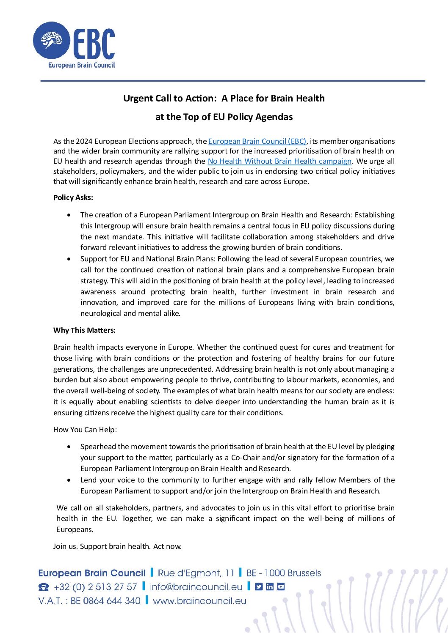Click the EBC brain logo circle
point(51,41)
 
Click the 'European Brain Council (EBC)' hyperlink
point(257,141)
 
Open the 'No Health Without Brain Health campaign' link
point(279,161)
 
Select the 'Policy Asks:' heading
point(73,197)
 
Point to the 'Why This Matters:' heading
point(84,330)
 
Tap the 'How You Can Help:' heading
point(85,430)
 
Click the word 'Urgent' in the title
point(137,98)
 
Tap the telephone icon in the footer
point(44,587)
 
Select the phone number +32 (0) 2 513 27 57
point(95,587)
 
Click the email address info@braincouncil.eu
point(196,587)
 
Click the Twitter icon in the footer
point(259,586)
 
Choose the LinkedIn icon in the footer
point(270,586)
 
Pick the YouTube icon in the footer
point(281,586)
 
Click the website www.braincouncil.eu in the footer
point(199,601)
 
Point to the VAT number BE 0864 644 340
point(105,601)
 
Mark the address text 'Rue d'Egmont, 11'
point(196,573)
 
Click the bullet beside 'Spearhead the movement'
point(69,447)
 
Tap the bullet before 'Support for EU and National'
point(69,259)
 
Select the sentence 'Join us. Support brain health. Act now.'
point(117,546)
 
